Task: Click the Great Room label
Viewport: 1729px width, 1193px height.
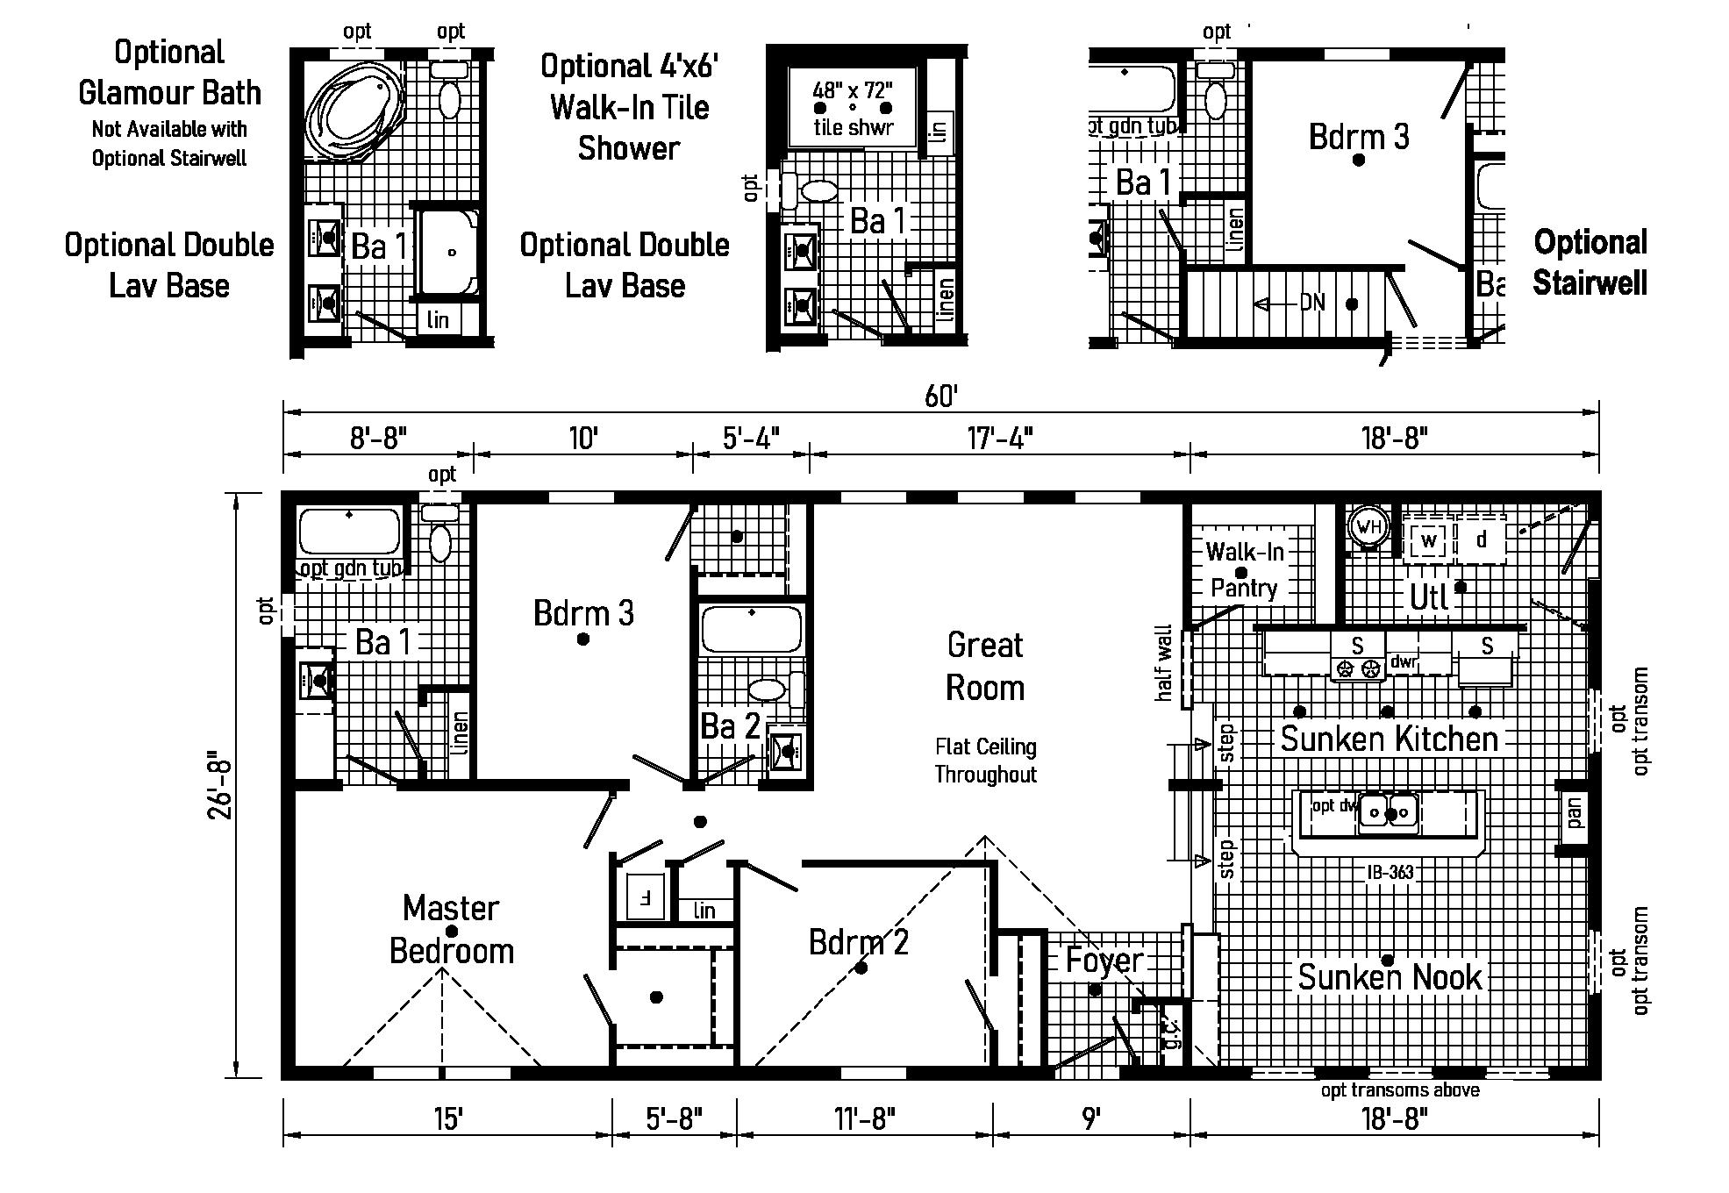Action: click(985, 667)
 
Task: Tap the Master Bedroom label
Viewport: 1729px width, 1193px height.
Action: click(451, 929)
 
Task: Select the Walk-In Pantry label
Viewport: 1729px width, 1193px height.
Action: click(1244, 569)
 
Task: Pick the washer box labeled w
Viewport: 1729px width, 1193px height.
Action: click(1428, 540)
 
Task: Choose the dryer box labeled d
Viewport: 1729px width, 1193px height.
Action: click(1482, 540)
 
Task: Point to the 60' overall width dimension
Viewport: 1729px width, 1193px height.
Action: click(940, 396)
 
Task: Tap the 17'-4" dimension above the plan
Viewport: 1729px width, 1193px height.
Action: click(1000, 437)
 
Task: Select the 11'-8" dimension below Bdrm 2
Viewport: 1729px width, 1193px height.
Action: click(865, 1118)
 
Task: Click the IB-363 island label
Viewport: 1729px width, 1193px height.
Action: click(1390, 872)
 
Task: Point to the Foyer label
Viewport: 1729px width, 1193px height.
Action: click(1104, 961)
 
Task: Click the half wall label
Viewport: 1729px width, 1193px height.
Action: click(1164, 662)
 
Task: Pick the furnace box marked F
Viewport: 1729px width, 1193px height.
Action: click(645, 897)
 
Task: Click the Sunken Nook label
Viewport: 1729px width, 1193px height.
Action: click(1390, 976)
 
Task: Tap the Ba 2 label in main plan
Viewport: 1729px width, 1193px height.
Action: click(730, 726)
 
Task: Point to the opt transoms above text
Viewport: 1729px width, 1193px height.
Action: click(1400, 1090)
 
